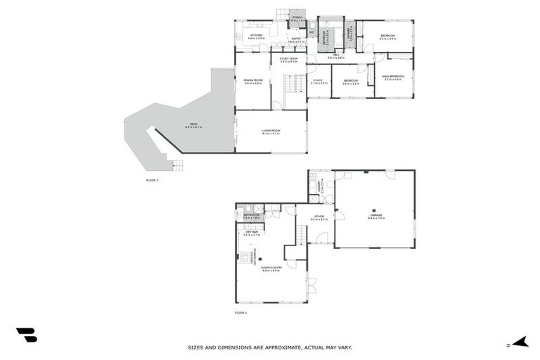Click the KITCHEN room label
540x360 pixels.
point(256,34)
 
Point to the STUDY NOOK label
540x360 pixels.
point(288,58)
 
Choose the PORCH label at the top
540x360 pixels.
point(297,19)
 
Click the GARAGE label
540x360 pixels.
point(376,216)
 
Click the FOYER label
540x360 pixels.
point(319,217)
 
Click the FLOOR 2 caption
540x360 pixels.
point(152,181)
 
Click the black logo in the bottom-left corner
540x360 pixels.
point(26,335)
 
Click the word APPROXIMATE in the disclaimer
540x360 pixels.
point(274,347)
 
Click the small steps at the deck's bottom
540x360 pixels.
point(176,167)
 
